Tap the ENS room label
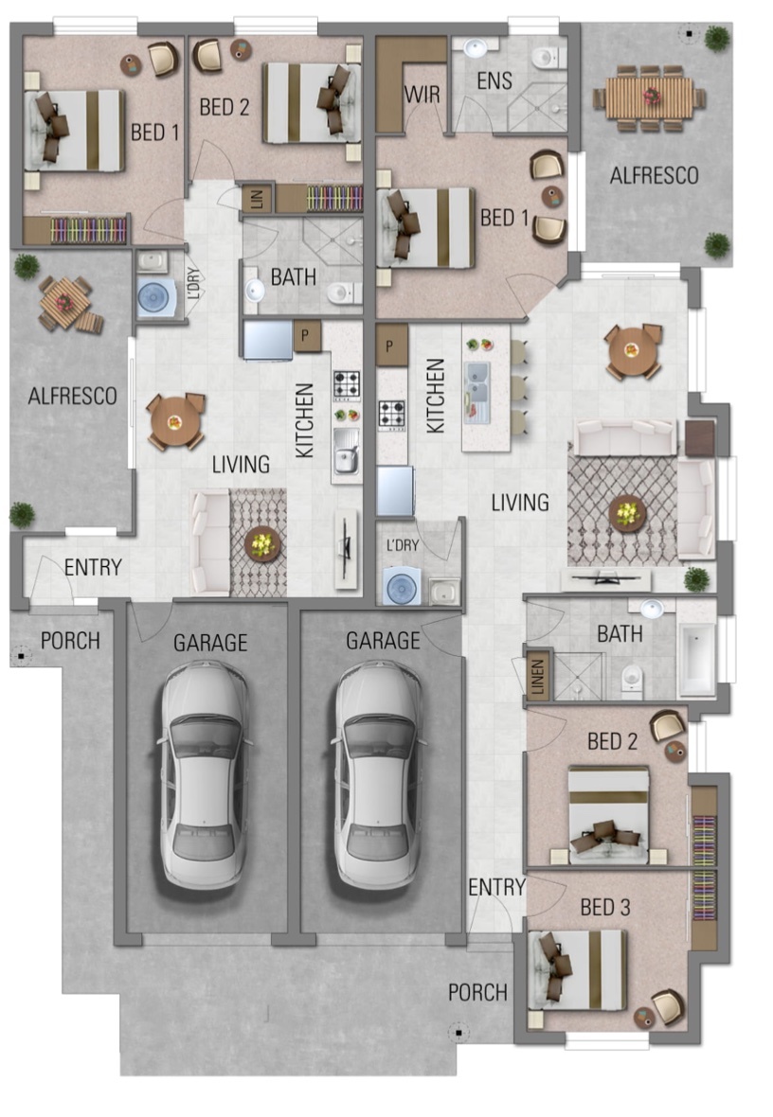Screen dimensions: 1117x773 click(x=494, y=81)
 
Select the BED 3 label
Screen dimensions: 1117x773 click(x=604, y=907)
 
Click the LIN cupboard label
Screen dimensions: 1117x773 click(x=255, y=199)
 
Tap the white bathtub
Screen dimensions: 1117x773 click(x=698, y=660)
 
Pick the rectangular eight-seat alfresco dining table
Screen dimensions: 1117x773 click(x=650, y=98)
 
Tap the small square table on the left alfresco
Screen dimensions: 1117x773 click(x=64, y=304)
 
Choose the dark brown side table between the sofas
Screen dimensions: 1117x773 click(x=699, y=437)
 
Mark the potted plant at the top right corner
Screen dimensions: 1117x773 click(x=717, y=39)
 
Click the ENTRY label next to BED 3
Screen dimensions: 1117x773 click(x=496, y=887)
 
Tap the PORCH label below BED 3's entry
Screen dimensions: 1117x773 click(x=477, y=992)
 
